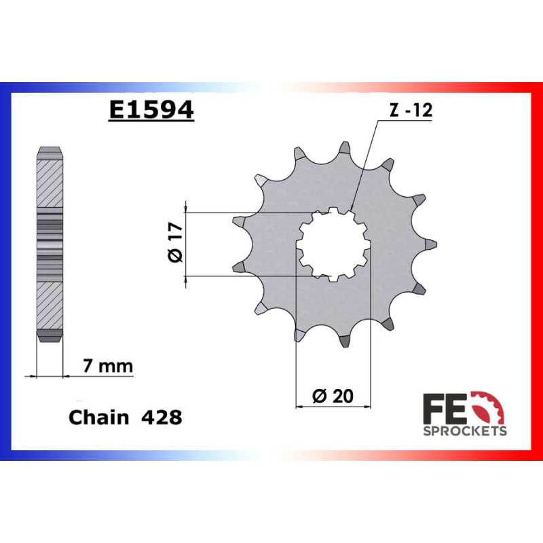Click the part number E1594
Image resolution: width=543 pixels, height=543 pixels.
[x=151, y=111]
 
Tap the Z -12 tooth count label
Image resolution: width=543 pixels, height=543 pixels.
[x=410, y=112]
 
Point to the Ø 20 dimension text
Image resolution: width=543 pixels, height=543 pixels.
[x=335, y=396]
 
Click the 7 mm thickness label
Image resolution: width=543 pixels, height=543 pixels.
[x=107, y=367]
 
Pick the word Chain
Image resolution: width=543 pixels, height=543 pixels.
[x=98, y=417]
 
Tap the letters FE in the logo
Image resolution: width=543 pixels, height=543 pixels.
[x=439, y=409]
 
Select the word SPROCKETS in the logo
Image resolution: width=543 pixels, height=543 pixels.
[x=465, y=431]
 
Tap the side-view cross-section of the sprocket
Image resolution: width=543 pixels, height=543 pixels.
[x=50, y=244]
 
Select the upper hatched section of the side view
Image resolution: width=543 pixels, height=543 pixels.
[x=50, y=183]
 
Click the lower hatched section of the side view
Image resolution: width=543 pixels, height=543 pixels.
[x=50, y=305]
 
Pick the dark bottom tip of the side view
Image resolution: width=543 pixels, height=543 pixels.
[x=50, y=336]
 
